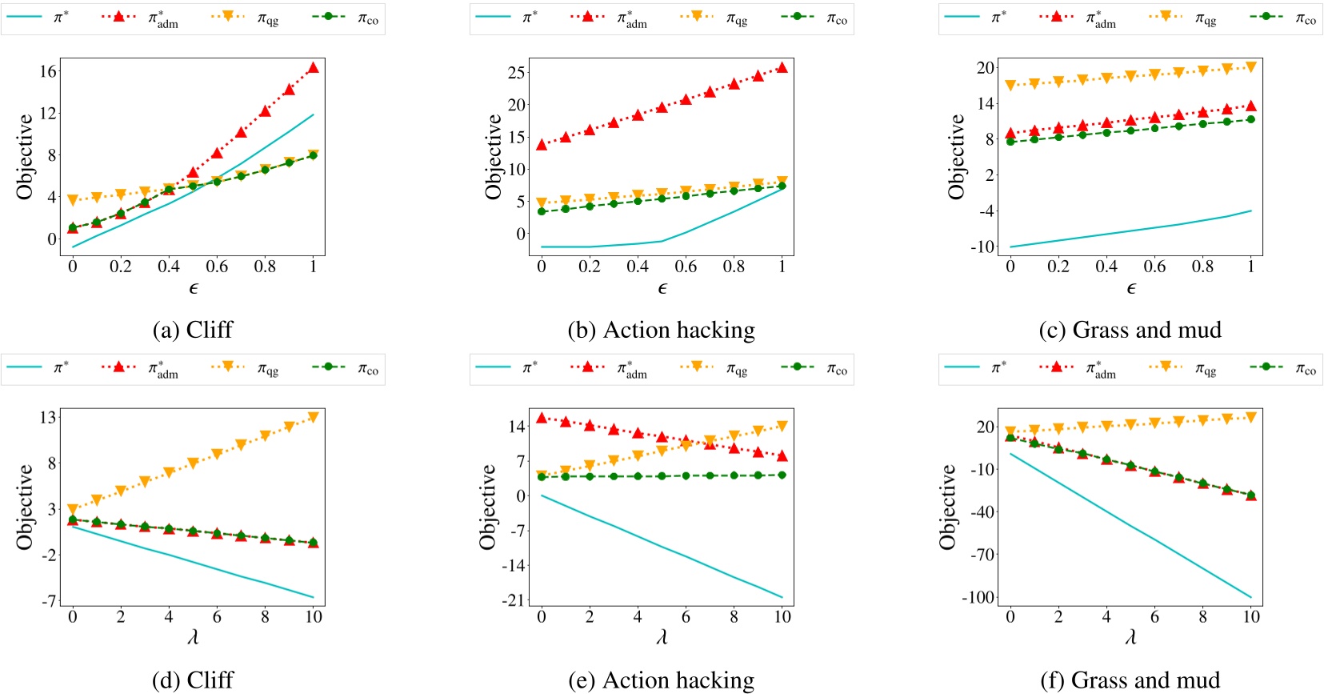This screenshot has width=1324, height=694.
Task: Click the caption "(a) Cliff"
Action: pos(192,330)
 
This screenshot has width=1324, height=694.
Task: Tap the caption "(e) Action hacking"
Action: pos(661,680)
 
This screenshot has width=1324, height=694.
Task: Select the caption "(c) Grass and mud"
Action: pos(1130,330)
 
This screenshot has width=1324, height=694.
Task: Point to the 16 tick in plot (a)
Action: pos(48,71)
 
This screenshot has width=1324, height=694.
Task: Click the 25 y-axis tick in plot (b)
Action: pos(517,73)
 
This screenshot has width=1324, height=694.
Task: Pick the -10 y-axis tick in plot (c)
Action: pos(982,247)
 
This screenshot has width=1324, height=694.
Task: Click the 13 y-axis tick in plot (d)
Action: pos(48,417)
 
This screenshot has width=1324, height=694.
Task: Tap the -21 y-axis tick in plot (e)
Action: pos(514,600)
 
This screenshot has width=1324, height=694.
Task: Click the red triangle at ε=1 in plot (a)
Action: pos(313,68)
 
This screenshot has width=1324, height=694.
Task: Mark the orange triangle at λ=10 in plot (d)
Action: pos(313,417)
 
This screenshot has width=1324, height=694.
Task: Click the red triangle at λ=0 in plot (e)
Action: pos(542,418)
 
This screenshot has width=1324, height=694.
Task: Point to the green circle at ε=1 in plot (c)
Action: pos(1250,119)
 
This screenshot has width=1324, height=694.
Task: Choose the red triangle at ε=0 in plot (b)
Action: pos(542,145)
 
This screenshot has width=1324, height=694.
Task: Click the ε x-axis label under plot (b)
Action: pos(662,288)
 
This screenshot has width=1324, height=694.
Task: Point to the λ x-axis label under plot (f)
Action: pos(1130,637)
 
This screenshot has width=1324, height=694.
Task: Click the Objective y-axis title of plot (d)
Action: pos(25,507)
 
